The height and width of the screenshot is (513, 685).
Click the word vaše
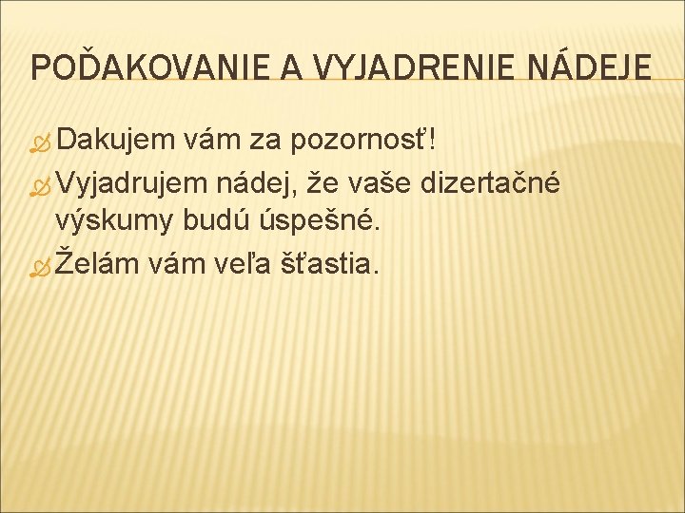(x=395, y=181)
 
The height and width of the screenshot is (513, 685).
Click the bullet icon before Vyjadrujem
(x=40, y=184)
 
